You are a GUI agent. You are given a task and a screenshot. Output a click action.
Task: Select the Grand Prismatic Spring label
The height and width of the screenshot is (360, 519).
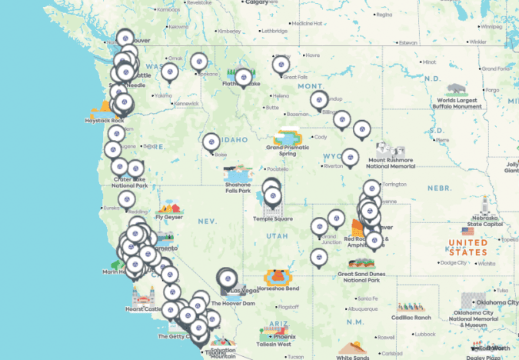point(287,149)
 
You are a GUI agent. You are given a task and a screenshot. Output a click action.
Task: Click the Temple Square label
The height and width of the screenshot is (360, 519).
point(272,218)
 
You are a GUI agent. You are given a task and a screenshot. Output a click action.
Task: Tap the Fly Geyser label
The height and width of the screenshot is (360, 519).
point(168,217)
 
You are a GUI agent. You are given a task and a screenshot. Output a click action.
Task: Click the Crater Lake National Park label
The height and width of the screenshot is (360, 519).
point(128,182)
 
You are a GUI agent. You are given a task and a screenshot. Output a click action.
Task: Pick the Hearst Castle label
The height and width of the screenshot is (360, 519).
point(143,309)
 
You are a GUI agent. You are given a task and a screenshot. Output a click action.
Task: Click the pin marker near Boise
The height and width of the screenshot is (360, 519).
point(211,142)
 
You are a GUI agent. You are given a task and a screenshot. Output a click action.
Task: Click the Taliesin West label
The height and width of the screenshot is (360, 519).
point(274,344)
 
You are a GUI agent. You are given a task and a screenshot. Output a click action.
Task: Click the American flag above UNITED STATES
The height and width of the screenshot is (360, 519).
point(468,231)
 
